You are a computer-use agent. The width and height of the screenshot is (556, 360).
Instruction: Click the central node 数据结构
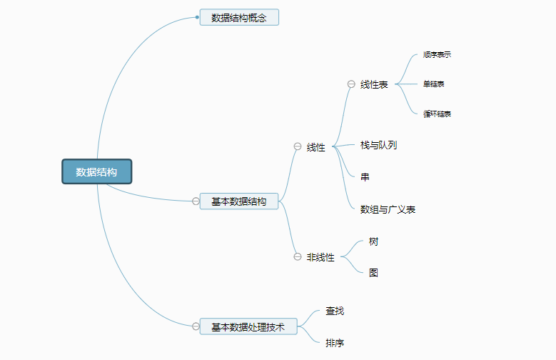tap(96, 171)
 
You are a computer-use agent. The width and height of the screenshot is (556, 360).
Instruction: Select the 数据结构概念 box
tap(239, 17)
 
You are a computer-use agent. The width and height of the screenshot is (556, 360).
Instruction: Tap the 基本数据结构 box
tap(239, 201)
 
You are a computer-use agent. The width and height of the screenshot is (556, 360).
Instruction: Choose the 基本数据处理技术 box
tap(248, 326)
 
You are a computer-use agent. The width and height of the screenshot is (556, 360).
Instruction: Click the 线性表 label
tap(374, 84)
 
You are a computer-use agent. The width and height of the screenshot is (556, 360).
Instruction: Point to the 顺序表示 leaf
tap(437, 54)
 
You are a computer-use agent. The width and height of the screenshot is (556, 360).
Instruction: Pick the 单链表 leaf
tap(434, 84)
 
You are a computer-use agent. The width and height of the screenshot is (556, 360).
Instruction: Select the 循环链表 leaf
tap(437, 114)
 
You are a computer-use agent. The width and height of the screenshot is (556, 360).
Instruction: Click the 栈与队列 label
tap(378, 145)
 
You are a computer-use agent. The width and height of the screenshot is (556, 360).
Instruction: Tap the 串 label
tap(365, 176)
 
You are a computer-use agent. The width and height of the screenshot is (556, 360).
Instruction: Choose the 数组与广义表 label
tap(388, 209)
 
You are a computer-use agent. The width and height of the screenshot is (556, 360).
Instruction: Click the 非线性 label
tap(320, 257)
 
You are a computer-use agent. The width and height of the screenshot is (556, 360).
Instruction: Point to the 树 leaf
tap(373, 241)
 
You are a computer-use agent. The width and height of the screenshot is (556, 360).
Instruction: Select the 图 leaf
tap(373, 272)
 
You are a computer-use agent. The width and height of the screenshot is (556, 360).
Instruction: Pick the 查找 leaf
tap(335, 311)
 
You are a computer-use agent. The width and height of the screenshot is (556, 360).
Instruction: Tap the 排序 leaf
tap(335, 343)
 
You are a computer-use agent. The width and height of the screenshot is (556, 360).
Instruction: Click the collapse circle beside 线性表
tap(351, 84)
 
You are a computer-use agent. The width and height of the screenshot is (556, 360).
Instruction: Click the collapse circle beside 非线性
tap(298, 257)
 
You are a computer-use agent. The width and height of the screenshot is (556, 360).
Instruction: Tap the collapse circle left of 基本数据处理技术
tap(196, 326)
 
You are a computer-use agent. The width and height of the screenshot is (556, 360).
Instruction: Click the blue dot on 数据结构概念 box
tap(198, 16)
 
